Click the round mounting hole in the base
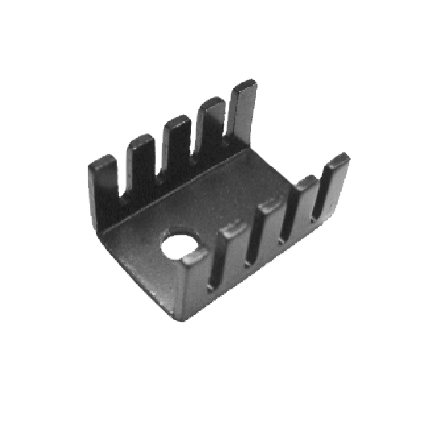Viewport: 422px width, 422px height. point(179,244)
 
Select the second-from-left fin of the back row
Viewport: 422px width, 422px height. point(140,168)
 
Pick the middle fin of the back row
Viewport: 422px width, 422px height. point(176,148)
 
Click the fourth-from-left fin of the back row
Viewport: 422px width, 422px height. point(211,129)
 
